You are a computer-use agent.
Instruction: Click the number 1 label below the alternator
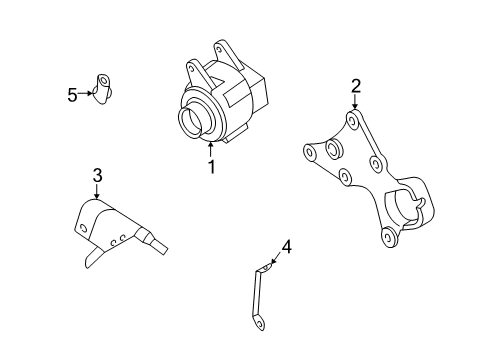pos(211,167)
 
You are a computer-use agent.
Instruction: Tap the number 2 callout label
pos(355,86)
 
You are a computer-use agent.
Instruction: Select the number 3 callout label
pos(97,176)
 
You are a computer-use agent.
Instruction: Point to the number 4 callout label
pos(285,245)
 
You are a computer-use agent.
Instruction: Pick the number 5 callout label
pos(72,95)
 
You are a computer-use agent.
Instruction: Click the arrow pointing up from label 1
pos(211,151)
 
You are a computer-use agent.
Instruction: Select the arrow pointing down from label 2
pos(355,102)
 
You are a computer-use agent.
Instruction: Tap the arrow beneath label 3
pos(97,192)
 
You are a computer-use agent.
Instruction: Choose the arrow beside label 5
pos(87,95)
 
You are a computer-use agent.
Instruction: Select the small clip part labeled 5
pos(105,87)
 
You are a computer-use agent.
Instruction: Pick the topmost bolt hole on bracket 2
pos(352,121)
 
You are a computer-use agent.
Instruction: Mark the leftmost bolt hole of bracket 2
pos(309,153)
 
